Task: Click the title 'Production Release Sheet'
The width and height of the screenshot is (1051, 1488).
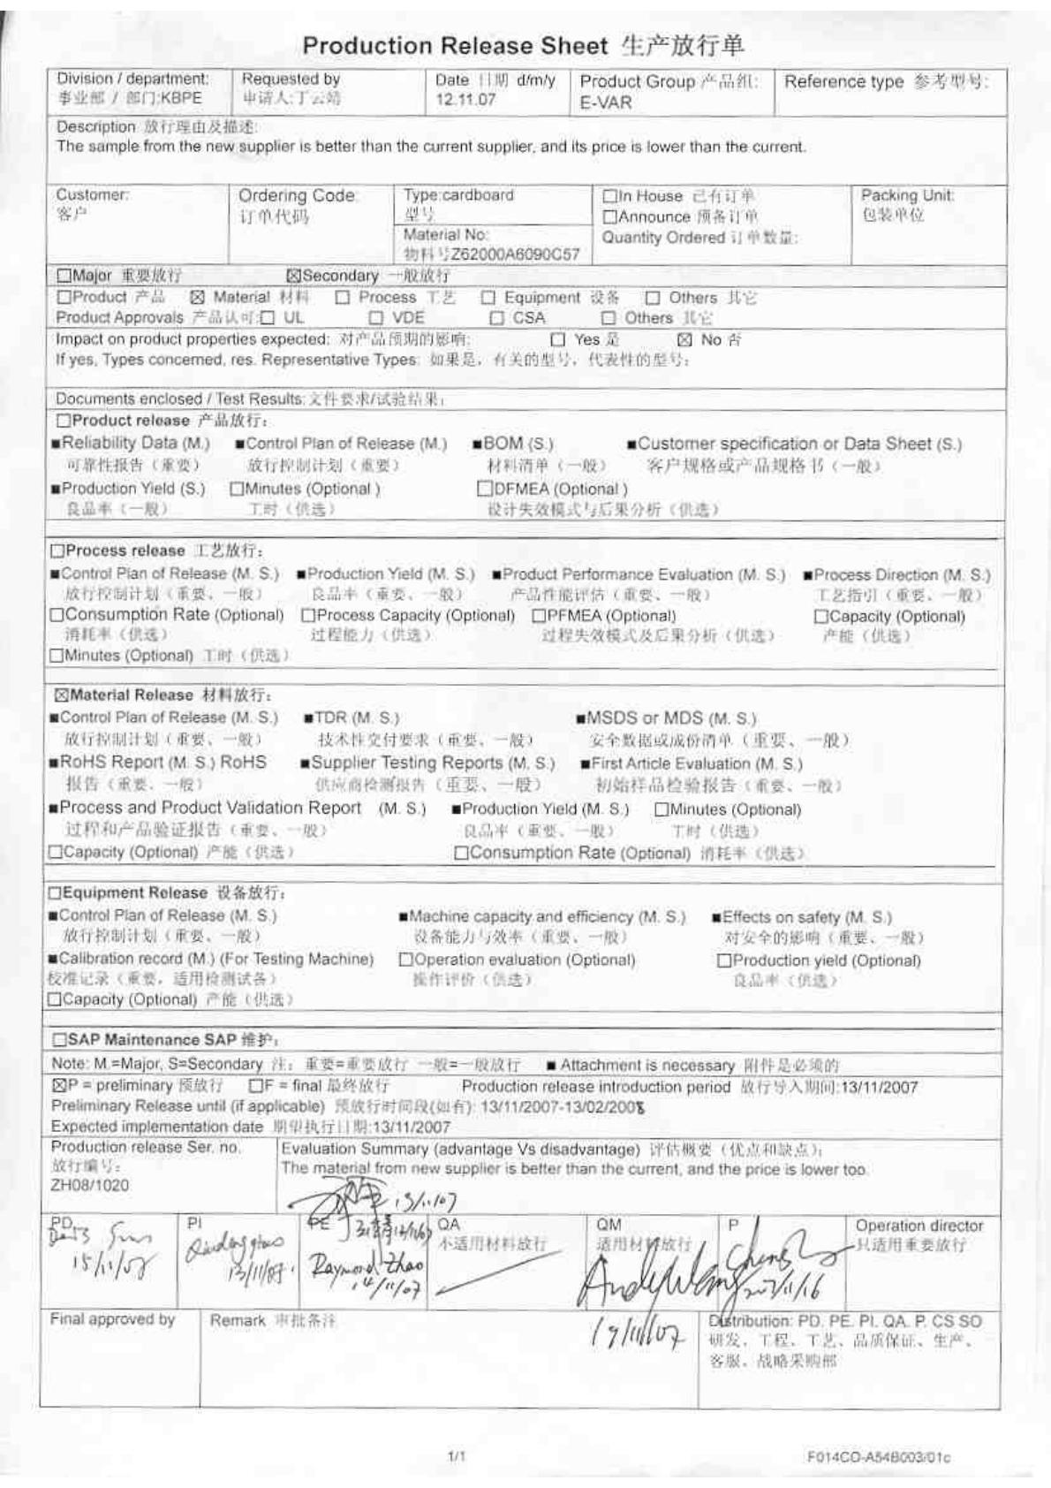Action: [x=455, y=46]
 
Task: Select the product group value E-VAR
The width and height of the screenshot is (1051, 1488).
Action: [x=606, y=102]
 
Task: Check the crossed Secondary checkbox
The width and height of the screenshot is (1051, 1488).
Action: [x=295, y=276]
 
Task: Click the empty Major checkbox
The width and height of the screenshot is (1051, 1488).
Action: [x=64, y=276]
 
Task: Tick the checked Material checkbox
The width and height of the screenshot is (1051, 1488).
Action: [x=197, y=298]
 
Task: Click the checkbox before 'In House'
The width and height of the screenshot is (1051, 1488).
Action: [x=609, y=196]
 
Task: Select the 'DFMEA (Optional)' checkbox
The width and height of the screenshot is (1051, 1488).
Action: [x=485, y=489]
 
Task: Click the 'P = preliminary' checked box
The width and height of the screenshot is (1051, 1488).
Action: [x=57, y=1085]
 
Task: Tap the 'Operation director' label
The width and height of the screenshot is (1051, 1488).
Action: [x=919, y=1226]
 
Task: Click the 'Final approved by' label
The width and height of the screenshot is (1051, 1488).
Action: [x=112, y=1319]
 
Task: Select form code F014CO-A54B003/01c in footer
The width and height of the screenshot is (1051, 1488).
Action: [x=879, y=1456]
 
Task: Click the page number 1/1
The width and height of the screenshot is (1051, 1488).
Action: [x=457, y=1455]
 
